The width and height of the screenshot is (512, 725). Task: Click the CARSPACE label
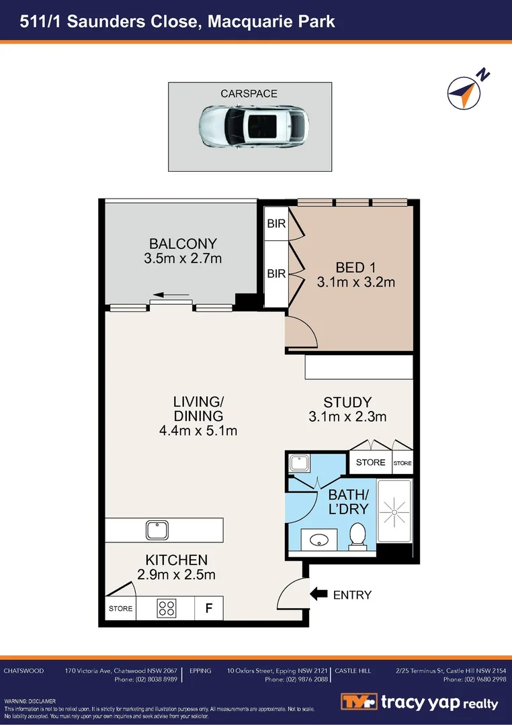pyautogui.click(x=249, y=93)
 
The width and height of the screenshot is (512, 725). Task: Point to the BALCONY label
pyautogui.click(x=183, y=244)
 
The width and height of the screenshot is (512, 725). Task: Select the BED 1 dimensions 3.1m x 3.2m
pyautogui.click(x=356, y=283)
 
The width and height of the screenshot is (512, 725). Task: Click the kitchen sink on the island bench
pyautogui.click(x=157, y=530)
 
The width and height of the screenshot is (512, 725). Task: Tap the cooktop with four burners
pyautogui.click(x=167, y=609)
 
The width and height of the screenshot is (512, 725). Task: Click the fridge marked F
pyautogui.click(x=209, y=609)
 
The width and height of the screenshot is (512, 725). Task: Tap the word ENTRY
pyautogui.click(x=352, y=595)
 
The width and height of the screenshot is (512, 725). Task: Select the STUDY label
pyautogui.click(x=347, y=403)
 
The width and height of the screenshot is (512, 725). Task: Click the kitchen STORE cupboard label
pyautogui.click(x=121, y=609)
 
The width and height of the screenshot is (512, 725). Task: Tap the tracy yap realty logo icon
pyautogui.click(x=357, y=702)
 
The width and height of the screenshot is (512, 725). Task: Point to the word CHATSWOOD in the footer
pyautogui.click(x=25, y=671)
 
